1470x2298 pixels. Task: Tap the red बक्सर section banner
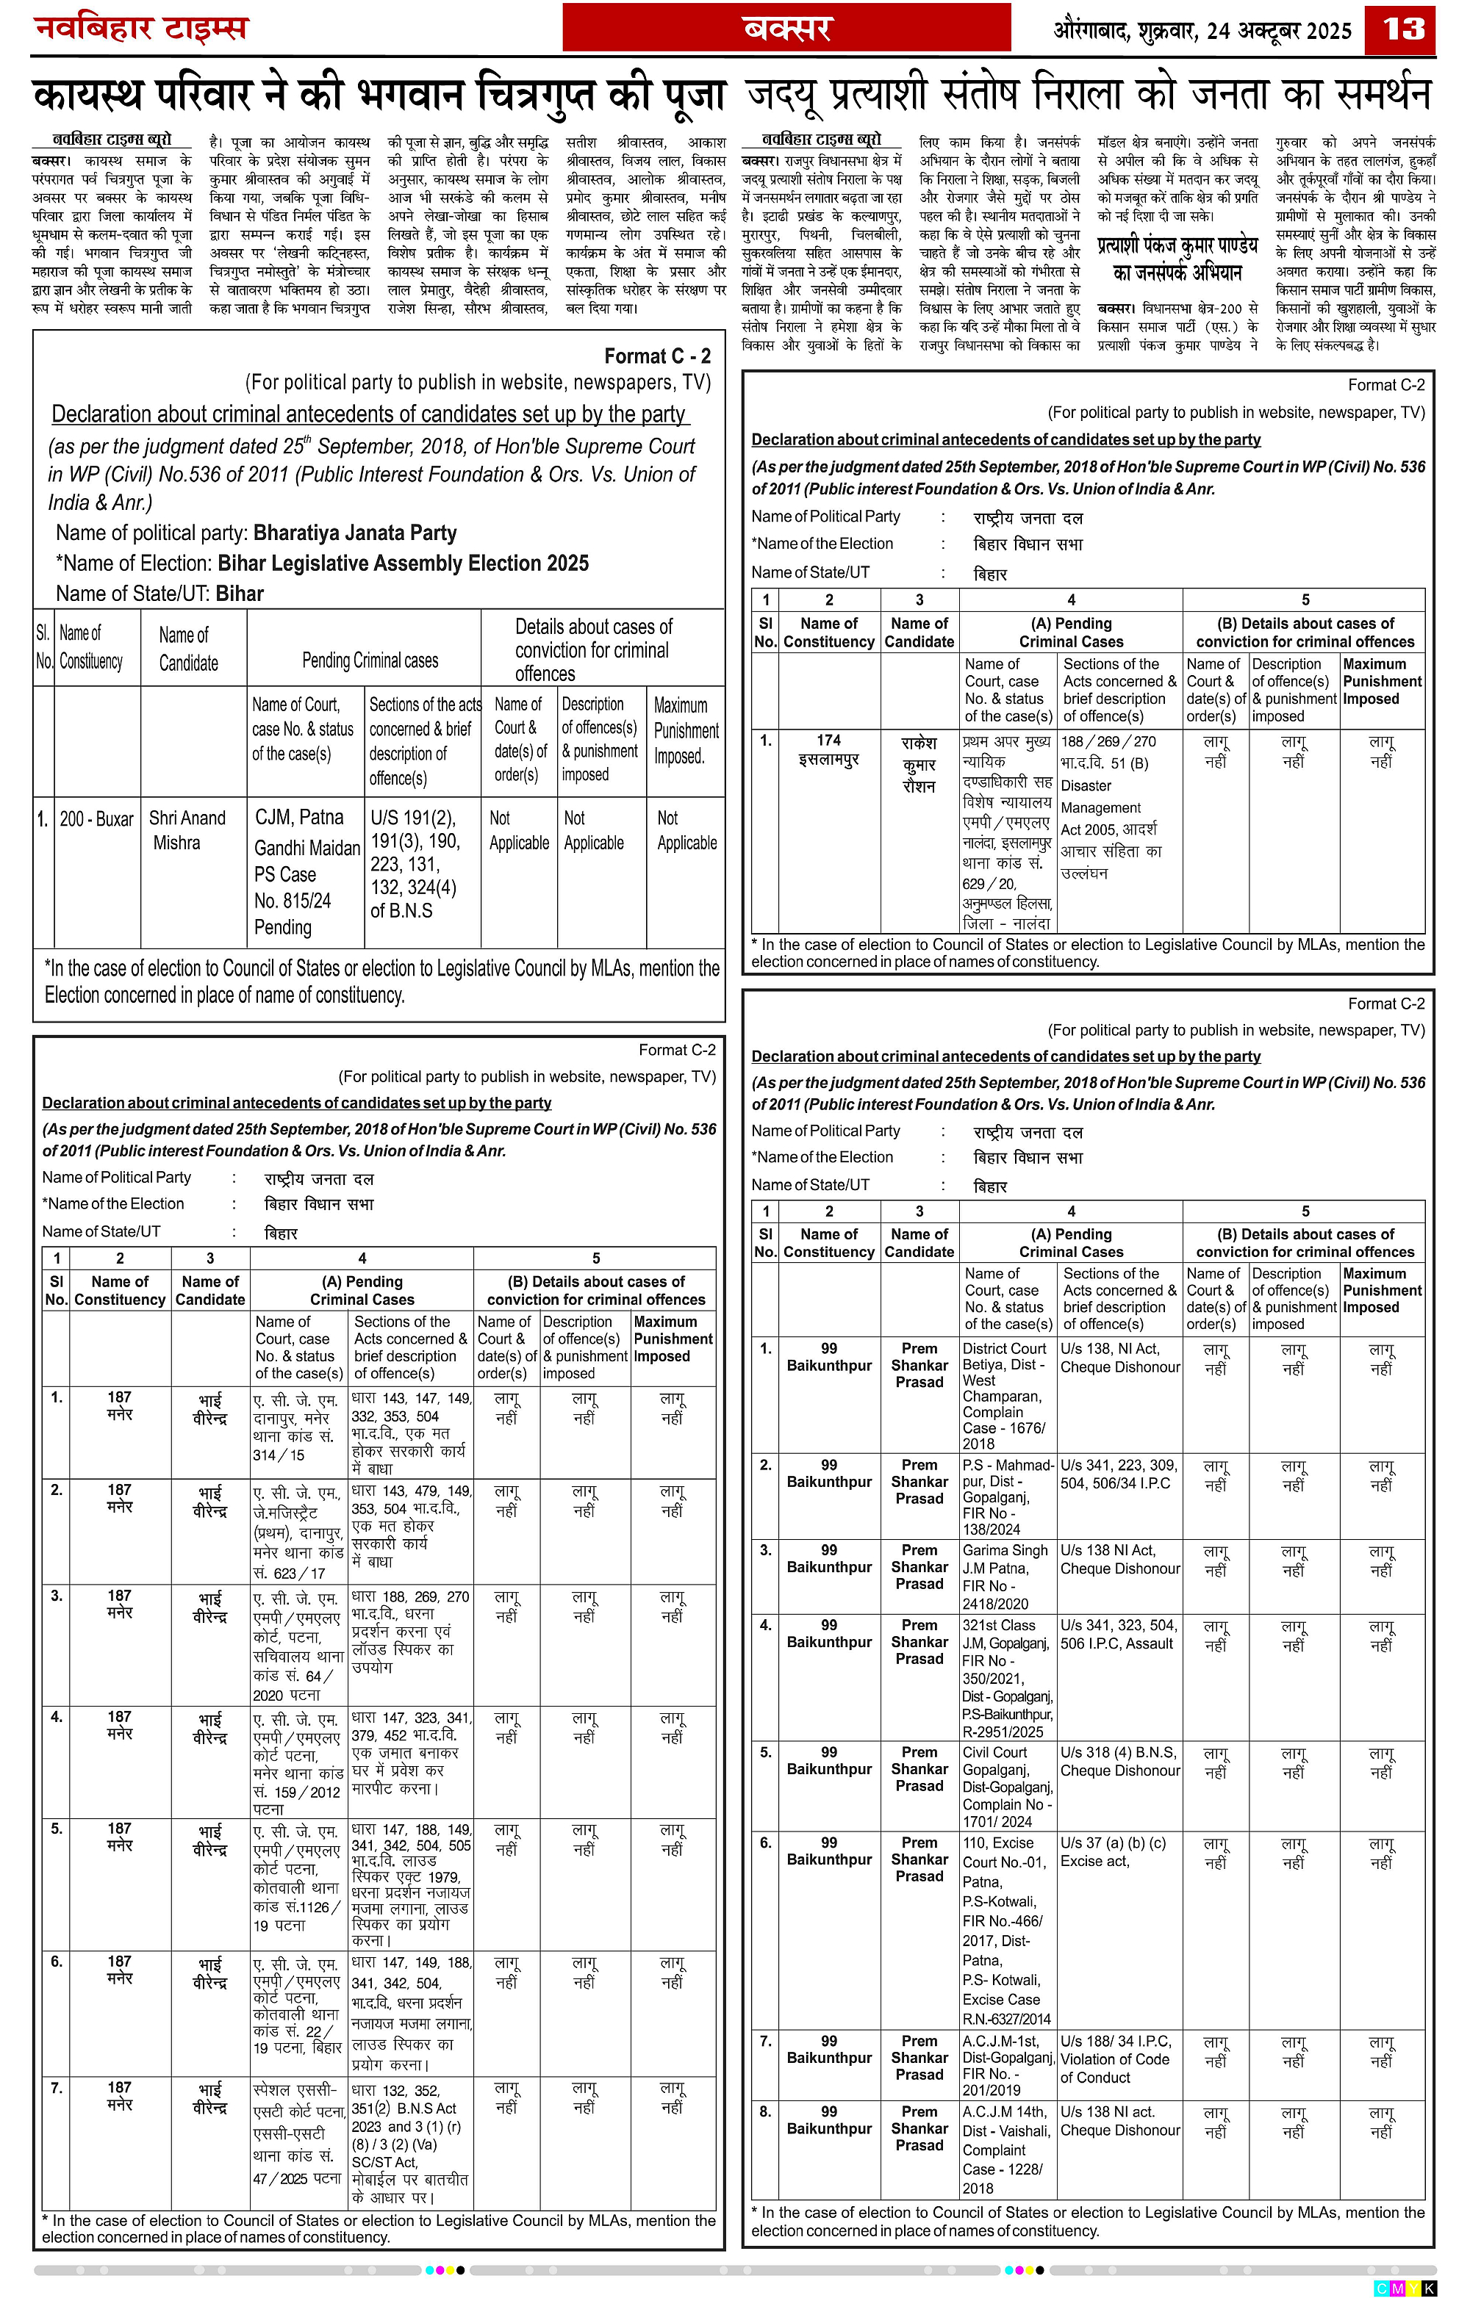(x=786, y=29)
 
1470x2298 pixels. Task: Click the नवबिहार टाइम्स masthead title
(x=141, y=28)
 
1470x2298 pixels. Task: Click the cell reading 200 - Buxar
(x=96, y=819)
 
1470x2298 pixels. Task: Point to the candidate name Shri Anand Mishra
(x=187, y=830)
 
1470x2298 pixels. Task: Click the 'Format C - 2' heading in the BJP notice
(x=657, y=356)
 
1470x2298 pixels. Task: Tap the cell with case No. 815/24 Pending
(x=306, y=871)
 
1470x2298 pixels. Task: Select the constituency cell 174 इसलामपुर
(x=828, y=750)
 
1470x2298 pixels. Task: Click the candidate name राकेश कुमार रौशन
(x=919, y=765)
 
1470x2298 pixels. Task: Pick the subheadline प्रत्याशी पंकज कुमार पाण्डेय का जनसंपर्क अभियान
(x=1177, y=259)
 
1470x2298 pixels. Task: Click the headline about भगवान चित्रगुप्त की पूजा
(x=379, y=96)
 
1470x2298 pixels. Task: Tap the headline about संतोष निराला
(x=1089, y=96)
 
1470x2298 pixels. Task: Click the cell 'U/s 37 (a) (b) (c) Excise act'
(x=1119, y=1851)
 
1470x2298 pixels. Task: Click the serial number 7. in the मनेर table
(x=57, y=2088)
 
